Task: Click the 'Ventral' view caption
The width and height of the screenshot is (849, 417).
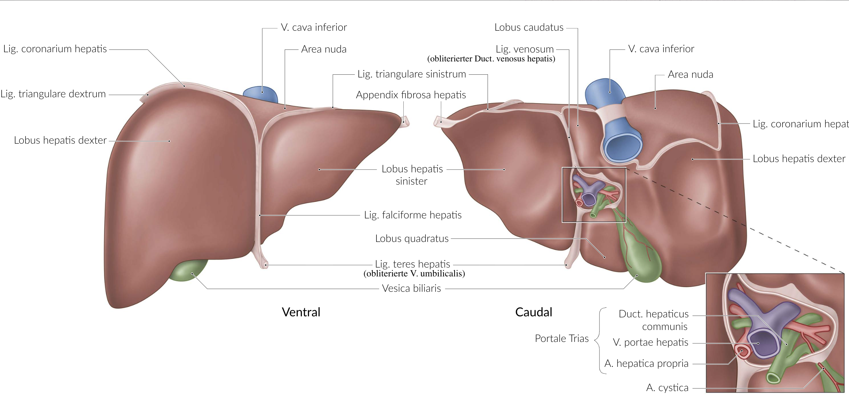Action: point(301,312)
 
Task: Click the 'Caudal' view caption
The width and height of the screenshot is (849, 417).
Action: point(533,312)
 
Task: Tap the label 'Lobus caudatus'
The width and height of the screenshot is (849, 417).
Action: point(529,27)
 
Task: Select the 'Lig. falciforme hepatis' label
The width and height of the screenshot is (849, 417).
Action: point(413,215)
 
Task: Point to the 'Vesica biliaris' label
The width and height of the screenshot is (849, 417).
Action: point(412,288)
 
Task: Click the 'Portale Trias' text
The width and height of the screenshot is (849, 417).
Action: point(562,339)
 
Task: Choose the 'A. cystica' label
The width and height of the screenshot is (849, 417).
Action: point(667,388)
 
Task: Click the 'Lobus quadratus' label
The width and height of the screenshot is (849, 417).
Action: point(412,239)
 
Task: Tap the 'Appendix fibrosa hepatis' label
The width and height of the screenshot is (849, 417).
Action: point(411,95)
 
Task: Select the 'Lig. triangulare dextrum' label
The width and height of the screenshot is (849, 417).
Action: point(53,94)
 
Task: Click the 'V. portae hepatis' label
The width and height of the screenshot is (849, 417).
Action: point(651,342)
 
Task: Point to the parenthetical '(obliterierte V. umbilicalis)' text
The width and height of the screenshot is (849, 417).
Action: point(414,274)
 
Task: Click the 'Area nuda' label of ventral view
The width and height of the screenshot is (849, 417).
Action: point(324,49)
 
